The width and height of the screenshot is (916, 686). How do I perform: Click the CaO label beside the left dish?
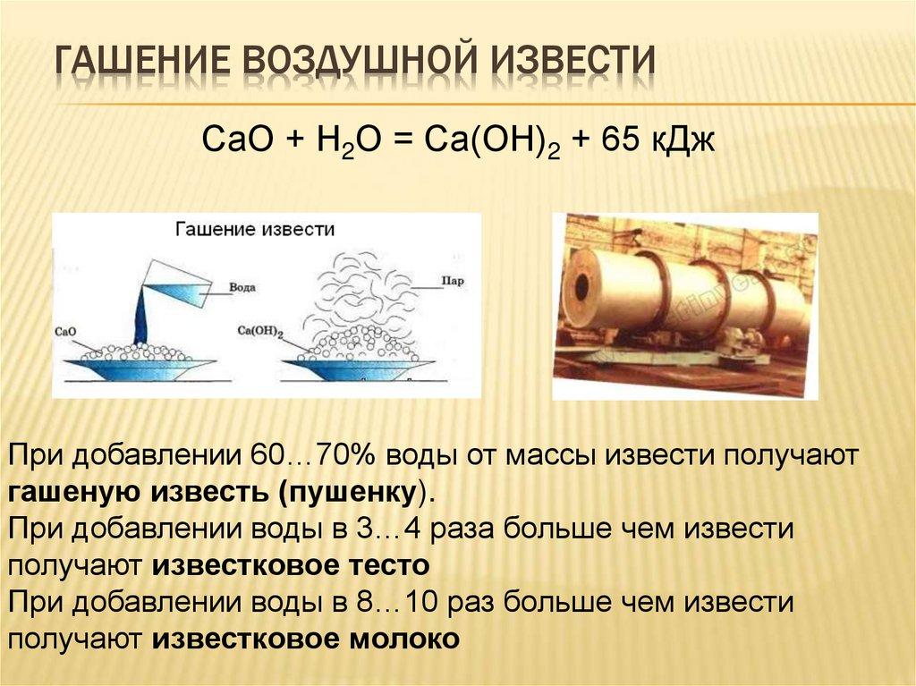point(66,330)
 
